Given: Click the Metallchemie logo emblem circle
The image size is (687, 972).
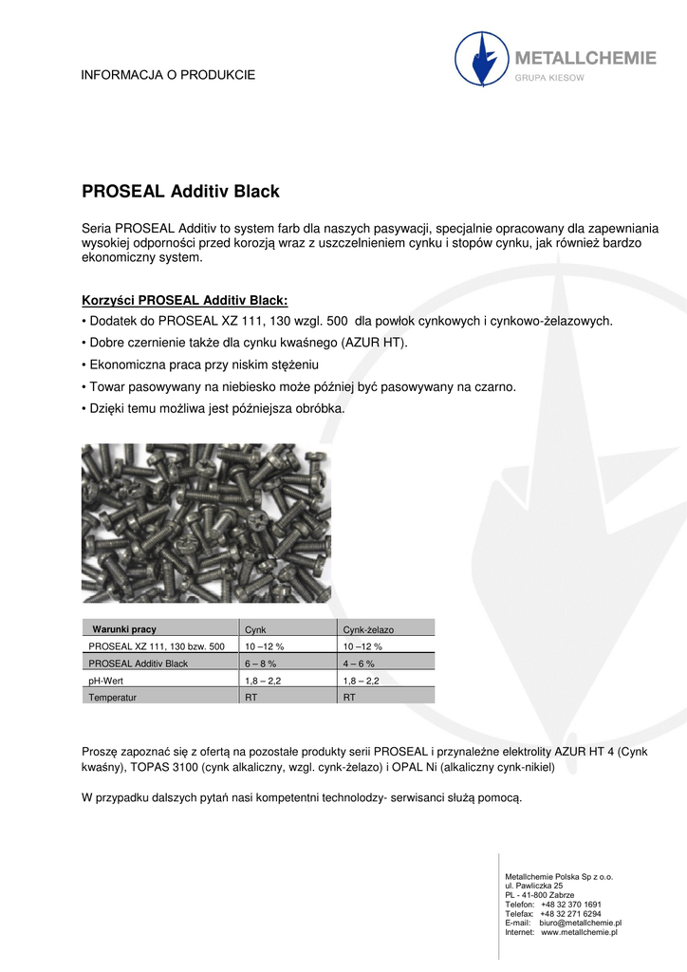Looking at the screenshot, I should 481,58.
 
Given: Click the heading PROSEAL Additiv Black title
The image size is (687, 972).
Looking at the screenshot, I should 181,192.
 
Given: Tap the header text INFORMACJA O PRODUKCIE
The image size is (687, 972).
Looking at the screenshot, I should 168,75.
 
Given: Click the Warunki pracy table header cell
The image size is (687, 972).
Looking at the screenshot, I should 124,629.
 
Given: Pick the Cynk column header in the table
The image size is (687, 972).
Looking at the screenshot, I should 255,629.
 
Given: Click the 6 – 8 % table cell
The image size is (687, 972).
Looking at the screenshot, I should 262,664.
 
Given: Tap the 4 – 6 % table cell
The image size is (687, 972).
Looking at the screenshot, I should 359,664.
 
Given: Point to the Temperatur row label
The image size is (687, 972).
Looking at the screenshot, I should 113,697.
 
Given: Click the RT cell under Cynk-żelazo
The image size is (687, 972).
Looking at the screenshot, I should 349,697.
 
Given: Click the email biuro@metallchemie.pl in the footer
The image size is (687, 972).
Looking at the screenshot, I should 580,923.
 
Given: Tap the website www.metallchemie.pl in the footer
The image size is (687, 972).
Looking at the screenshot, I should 579,932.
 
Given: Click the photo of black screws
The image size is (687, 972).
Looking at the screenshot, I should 206,523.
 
